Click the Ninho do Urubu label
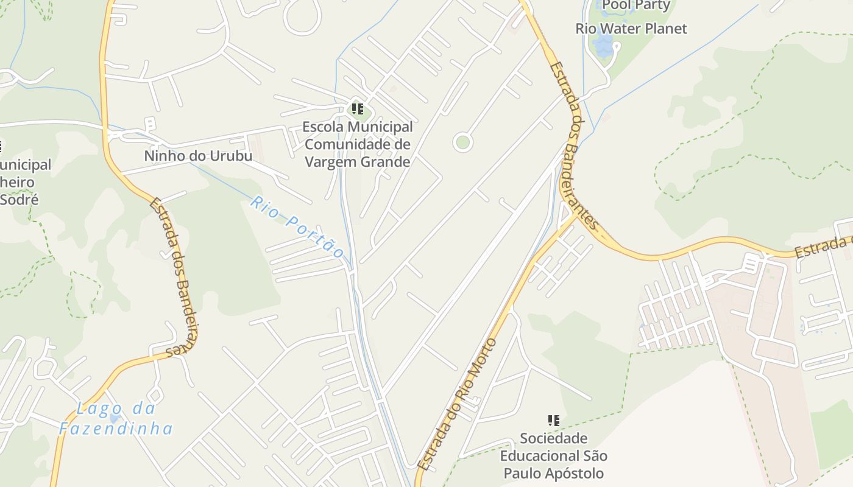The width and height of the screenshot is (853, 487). point(198,156)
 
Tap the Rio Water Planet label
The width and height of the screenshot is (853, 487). point(631,29)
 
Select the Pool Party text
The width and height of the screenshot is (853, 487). point(636,6)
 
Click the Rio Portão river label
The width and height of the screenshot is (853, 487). point(297,226)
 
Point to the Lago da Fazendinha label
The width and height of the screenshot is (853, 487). point(116,419)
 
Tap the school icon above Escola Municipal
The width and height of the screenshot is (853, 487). point(358,110)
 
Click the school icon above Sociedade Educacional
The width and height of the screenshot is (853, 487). point(553,420)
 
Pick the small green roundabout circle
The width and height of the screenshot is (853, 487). point(463,143)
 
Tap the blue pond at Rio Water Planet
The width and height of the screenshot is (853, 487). point(603,46)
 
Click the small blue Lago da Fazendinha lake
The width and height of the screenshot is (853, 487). point(114,419)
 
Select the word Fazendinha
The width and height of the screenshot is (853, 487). point(116,429)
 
